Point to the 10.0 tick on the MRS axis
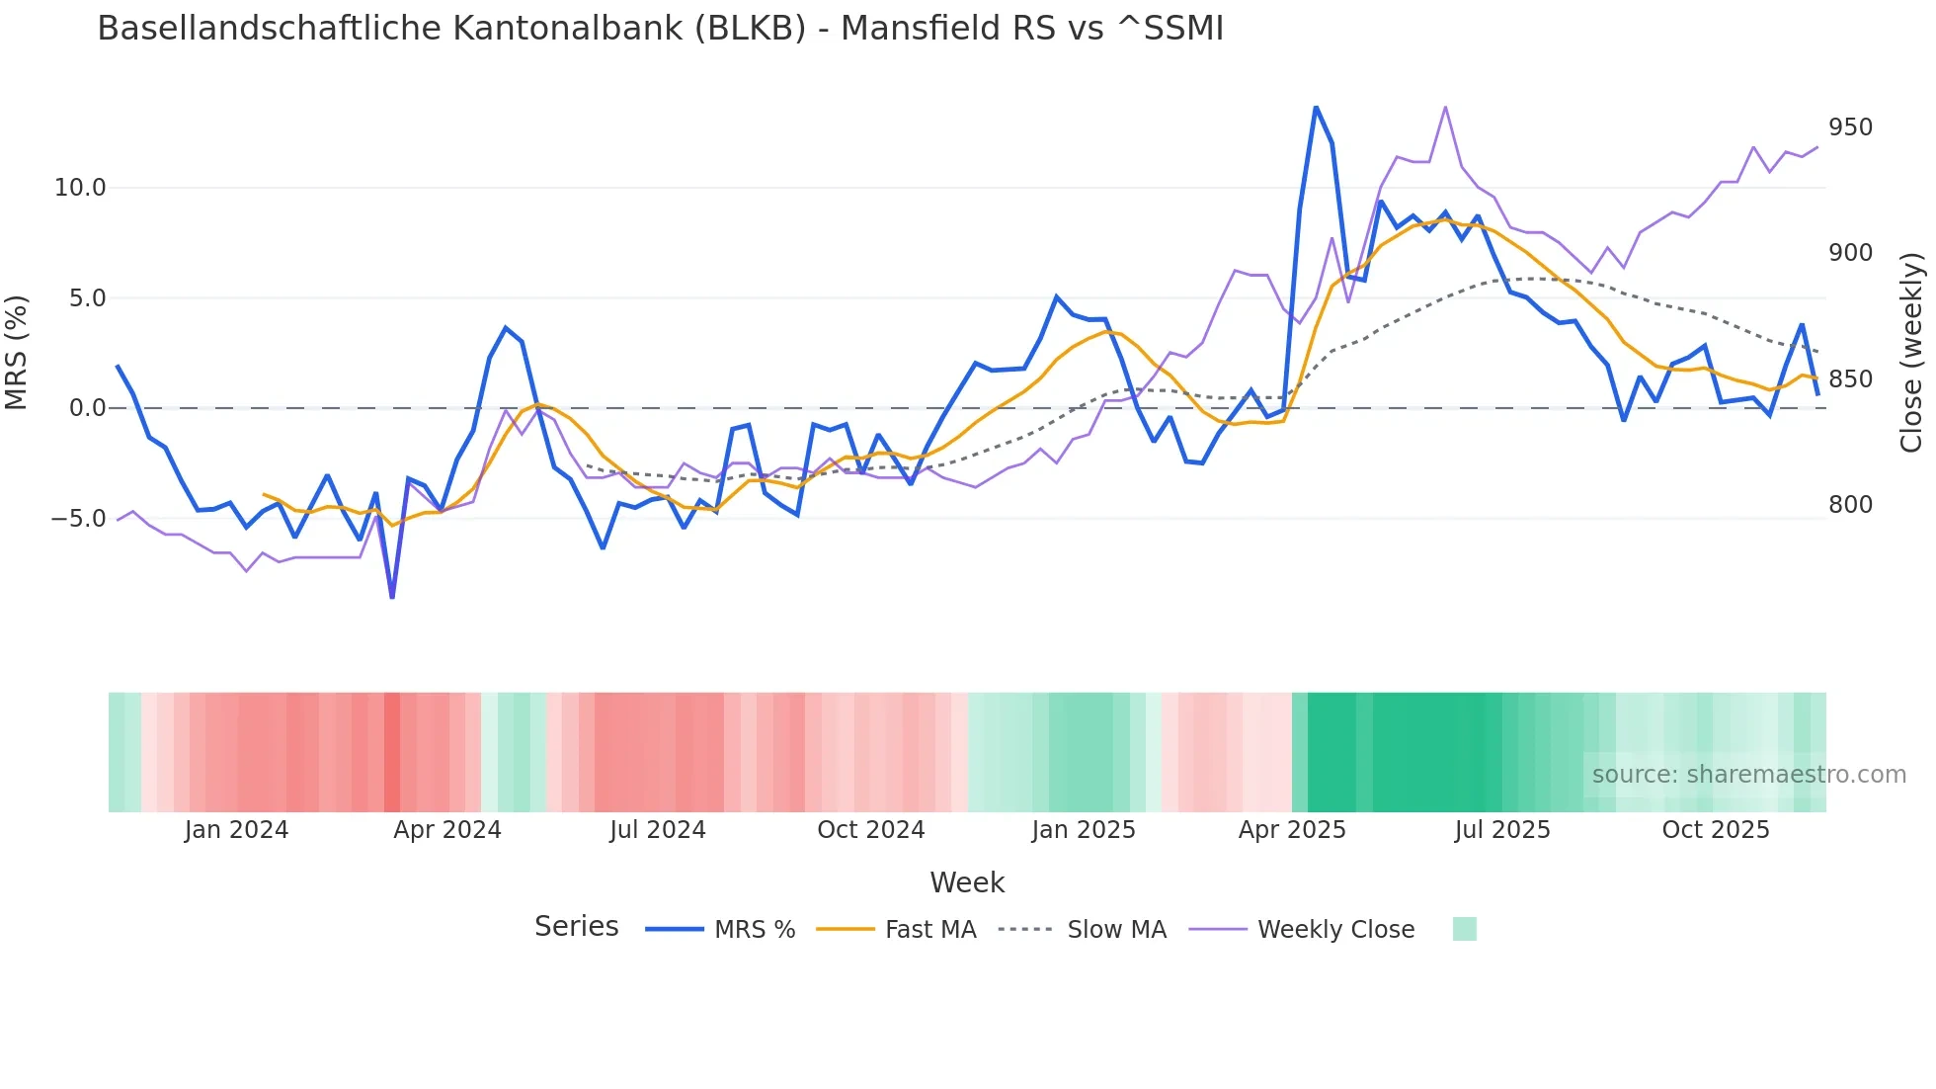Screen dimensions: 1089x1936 pos(80,188)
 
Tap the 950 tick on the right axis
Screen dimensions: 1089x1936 pos(1850,127)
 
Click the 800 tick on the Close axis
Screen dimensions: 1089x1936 pos(1850,505)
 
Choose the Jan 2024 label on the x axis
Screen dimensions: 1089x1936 pos(236,830)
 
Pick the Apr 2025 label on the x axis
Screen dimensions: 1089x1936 pos(1292,830)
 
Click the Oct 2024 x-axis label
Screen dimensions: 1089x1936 pos(870,830)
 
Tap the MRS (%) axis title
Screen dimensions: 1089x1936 pos(17,352)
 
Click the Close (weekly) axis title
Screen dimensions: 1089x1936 pos(1912,353)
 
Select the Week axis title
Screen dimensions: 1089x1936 pos(967,882)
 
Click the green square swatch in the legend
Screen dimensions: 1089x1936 pos(1465,929)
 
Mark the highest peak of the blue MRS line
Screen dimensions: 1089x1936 pos(1316,107)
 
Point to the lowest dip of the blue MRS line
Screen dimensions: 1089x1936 pos(392,597)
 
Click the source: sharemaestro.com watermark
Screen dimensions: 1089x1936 pos(1748,775)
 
